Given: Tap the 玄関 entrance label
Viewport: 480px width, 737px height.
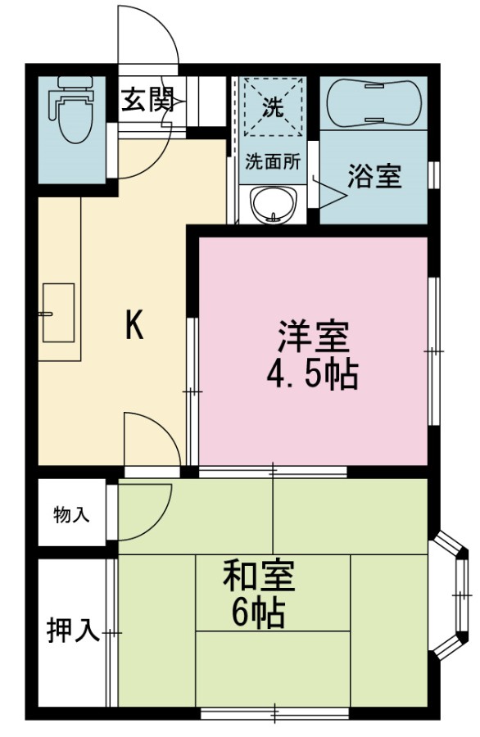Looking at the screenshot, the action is tap(148, 99).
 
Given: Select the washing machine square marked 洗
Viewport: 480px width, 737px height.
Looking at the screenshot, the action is tap(273, 107).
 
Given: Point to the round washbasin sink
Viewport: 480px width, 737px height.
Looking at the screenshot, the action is tap(274, 205).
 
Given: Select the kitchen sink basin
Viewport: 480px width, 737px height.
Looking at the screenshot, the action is tap(58, 313).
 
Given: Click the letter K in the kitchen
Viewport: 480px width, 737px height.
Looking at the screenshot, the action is tap(134, 325).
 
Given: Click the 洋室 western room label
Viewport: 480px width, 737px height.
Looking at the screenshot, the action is tap(314, 336).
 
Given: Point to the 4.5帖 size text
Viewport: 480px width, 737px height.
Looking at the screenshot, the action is tap(313, 375).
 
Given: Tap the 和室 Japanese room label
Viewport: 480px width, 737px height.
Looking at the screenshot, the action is tap(259, 576).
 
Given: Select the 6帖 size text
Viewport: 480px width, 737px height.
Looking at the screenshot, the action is tap(258, 613).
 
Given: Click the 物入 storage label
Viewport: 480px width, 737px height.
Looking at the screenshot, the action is tap(71, 515).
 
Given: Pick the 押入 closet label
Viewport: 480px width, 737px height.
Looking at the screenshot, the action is tap(74, 631).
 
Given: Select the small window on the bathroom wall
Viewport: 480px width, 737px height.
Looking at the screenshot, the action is tap(435, 174).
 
